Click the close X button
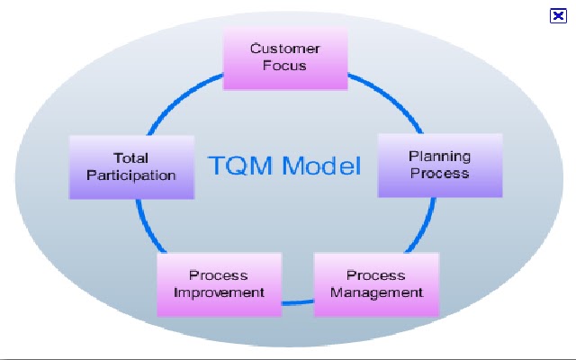(558, 16)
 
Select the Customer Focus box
(285, 58)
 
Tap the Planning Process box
(440, 166)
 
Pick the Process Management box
(376, 284)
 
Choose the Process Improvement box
(220, 284)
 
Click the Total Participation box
(131, 167)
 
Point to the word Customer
(285, 49)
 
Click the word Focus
(284, 66)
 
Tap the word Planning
(440, 157)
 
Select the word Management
(376, 293)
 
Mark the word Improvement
(219, 292)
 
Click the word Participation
(131, 176)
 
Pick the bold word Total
(130, 158)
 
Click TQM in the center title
(242, 166)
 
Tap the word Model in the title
(322, 166)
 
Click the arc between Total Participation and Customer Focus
(180, 98)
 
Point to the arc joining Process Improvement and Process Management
(298, 302)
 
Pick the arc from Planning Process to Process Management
(425, 228)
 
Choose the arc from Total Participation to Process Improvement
(147, 228)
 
